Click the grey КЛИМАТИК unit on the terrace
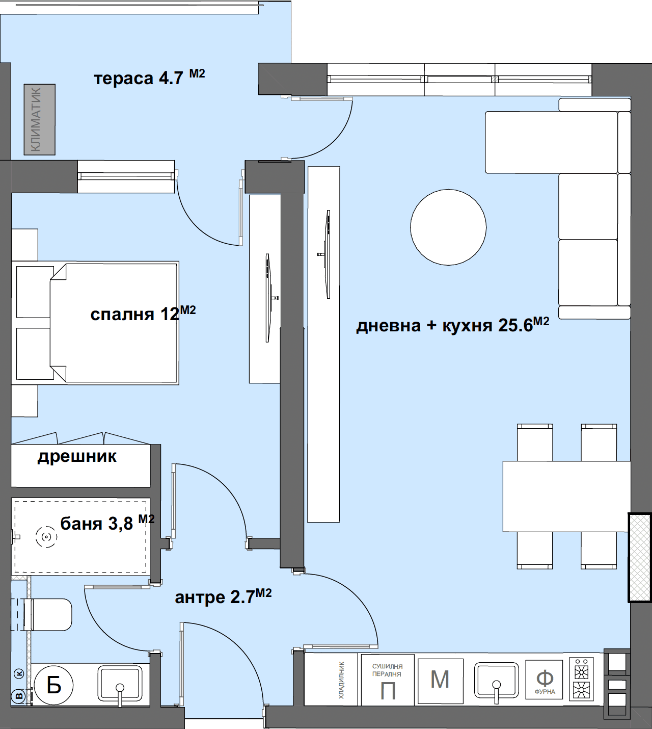click(40, 119)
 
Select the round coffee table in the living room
click(448, 227)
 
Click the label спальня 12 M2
click(143, 314)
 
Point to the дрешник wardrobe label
click(77, 457)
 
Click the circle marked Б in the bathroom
click(54, 686)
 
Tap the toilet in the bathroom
click(48, 615)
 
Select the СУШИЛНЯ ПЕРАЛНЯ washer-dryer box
click(388, 680)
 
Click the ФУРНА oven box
click(544, 680)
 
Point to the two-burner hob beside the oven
click(582, 679)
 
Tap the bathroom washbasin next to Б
click(120, 684)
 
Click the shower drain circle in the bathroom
click(46, 537)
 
